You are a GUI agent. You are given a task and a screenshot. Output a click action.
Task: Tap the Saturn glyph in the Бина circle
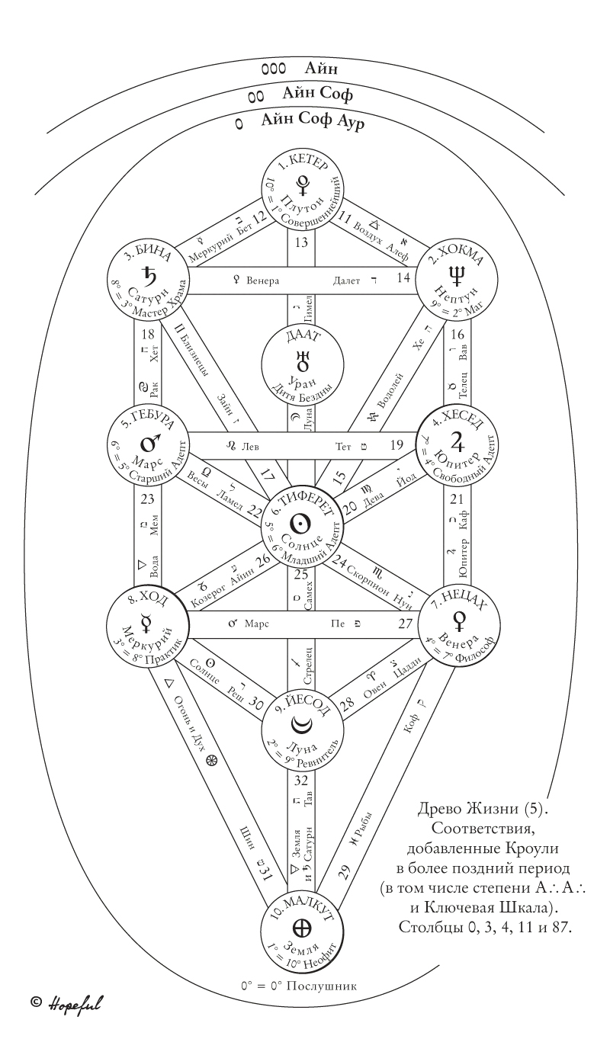[148, 274]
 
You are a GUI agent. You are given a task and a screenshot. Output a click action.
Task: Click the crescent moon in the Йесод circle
[303, 726]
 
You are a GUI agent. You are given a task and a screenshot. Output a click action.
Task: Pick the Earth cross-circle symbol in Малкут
[303, 928]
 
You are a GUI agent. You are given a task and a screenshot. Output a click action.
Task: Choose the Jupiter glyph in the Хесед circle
[458, 439]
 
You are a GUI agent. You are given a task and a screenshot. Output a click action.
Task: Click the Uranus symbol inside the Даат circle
[303, 358]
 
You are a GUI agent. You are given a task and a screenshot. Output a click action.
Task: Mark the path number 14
[403, 279]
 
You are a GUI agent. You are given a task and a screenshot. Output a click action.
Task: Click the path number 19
[396, 444]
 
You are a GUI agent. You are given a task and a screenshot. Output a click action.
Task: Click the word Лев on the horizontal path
[251, 445]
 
